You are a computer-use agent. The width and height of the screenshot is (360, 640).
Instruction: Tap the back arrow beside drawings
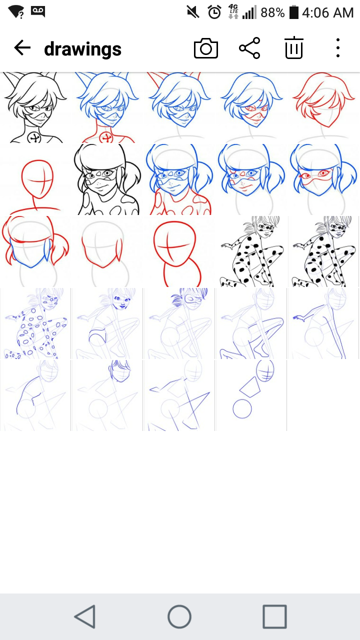coord(22,47)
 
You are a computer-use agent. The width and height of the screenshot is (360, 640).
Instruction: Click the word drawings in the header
coord(83,48)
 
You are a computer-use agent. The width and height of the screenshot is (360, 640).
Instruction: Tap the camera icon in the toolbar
coord(205,48)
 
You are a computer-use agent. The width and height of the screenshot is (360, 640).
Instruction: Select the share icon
coord(249,48)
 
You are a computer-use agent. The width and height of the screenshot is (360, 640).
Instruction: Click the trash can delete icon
coord(294,47)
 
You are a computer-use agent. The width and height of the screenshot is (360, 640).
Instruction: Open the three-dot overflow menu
coord(338,47)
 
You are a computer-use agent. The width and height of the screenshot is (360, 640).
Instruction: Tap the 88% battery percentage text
coord(272,12)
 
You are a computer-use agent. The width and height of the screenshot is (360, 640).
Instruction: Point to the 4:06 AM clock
coord(327,12)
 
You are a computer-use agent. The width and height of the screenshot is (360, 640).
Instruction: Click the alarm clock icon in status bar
coord(214,12)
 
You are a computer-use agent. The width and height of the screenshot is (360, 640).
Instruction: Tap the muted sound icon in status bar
coord(193,12)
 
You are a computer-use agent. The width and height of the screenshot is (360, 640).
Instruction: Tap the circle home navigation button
coord(179,616)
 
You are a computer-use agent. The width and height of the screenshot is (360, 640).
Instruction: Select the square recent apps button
coord(275,616)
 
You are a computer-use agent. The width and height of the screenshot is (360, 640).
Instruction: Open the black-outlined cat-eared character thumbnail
coord(35,107)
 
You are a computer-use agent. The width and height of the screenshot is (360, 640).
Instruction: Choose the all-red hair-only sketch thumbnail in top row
coord(323,107)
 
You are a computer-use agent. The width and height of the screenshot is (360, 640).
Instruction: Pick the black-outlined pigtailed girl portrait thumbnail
coord(107,179)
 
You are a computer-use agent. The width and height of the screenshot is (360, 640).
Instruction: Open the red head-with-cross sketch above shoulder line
coord(35,179)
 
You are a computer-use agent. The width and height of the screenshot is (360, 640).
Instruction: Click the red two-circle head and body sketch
coord(179,251)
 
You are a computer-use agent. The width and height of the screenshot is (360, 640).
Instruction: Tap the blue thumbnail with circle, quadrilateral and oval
coord(251,395)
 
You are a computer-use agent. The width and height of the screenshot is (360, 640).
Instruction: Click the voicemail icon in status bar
coord(38,11)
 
